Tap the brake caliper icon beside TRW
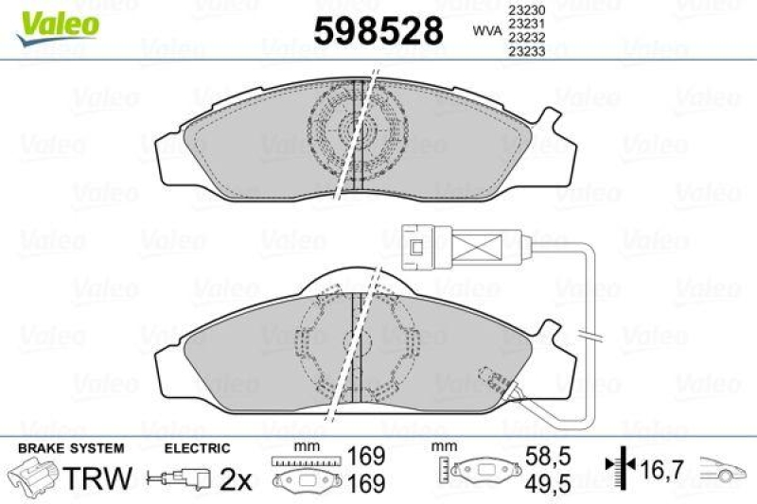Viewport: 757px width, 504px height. (33, 478)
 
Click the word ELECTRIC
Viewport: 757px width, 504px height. (197, 447)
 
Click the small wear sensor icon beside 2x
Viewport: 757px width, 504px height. (181, 480)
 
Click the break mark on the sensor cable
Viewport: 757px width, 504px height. (591, 337)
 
